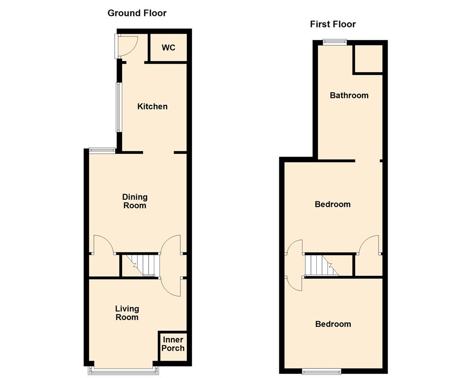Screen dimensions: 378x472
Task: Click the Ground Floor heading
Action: [x=137, y=13]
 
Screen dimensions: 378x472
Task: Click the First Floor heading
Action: [x=333, y=24]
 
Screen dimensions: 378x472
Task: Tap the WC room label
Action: [x=169, y=48]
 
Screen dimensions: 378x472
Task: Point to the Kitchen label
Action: [x=152, y=106]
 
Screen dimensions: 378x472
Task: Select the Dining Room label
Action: [x=135, y=201]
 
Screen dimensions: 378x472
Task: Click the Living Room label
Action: [x=127, y=313]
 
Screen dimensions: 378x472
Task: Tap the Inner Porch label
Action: [x=173, y=344]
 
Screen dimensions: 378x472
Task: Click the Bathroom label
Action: [x=349, y=95]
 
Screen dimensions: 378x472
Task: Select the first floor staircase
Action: [x=322, y=266]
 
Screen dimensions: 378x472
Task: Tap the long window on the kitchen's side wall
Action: [x=119, y=107]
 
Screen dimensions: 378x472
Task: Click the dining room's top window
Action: [x=102, y=151]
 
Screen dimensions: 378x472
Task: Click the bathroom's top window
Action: [x=334, y=42]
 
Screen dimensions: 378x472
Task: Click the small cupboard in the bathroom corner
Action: [x=368, y=59]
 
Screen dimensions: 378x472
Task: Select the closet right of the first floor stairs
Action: [x=368, y=266]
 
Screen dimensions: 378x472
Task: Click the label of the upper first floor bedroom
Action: [x=333, y=205]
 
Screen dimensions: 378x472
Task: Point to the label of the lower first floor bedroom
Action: [x=333, y=324]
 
